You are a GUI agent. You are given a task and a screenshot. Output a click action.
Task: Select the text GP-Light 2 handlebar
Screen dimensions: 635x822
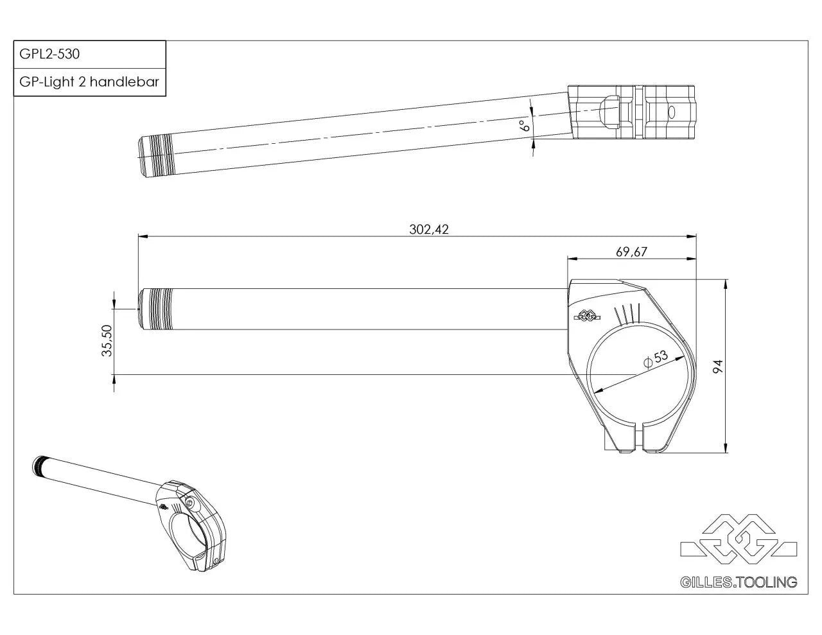pos(89,82)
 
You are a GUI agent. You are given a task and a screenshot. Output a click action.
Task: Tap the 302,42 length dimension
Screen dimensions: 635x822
pos(428,229)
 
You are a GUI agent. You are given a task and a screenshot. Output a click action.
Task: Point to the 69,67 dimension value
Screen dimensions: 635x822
pos(631,252)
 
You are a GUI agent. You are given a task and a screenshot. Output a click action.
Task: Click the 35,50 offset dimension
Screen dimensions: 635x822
pos(107,340)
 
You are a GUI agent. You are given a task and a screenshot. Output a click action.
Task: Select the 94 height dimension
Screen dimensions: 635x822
pos(718,367)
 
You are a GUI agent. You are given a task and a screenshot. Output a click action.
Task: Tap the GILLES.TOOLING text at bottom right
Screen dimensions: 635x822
pos(738,582)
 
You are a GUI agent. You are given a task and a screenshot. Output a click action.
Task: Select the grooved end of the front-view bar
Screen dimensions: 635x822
pos(156,309)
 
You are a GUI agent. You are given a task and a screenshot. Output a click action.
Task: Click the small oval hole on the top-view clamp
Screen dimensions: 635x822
pos(672,113)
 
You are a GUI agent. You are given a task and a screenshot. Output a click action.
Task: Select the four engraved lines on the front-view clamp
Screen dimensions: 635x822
pos(627,314)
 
